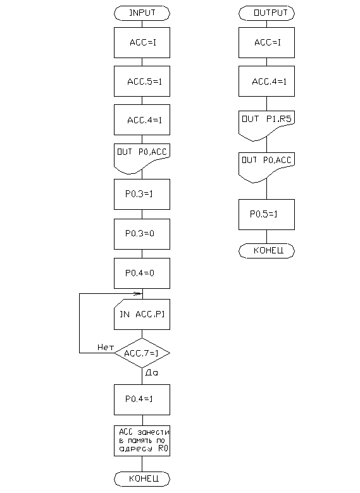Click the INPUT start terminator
142,13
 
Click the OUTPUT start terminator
266,13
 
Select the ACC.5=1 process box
142,81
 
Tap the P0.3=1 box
142,194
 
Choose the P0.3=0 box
142,234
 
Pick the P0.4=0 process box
142,273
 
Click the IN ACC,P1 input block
142,314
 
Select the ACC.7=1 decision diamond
142,353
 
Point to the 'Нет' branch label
106,347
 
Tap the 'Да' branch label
152,372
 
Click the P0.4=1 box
142,399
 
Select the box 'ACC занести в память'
142,441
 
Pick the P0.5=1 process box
266,214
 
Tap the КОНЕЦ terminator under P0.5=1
266,251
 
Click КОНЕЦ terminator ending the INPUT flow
142,479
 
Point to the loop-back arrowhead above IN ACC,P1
137,294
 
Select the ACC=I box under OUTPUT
266,42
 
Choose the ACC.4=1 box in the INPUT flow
142,120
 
